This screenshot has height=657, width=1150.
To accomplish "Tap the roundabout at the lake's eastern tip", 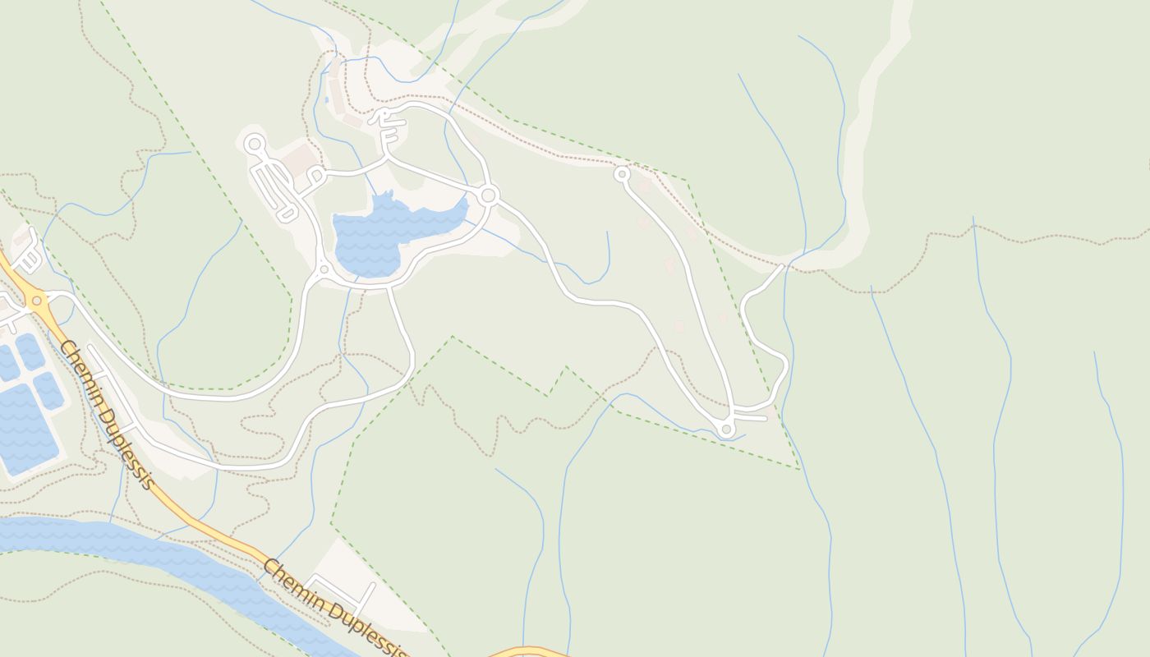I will pyautogui.click(x=489, y=195).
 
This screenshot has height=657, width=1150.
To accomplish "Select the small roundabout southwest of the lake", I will pyautogui.click(x=324, y=269).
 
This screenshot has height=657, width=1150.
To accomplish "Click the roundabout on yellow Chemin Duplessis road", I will pyautogui.click(x=36, y=301).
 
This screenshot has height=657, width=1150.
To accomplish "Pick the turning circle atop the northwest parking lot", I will pyautogui.click(x=255, y=145).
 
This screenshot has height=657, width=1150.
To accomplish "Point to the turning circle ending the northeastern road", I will pyautogui.click(x=622, y=174).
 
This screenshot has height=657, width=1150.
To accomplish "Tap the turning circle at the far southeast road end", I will pyautogui.click(x=725, y=429).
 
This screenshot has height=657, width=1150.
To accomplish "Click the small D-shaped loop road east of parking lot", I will pyautogui.click(x=316, y=175).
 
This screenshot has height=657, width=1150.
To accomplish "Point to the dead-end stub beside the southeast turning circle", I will pyautogui.click(x=752, y=418).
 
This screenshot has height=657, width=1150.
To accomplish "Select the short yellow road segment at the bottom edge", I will pyautogui.click(x=526, y=652).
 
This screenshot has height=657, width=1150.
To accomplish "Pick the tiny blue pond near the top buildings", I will pyautogui.click(x=327, y=99).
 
